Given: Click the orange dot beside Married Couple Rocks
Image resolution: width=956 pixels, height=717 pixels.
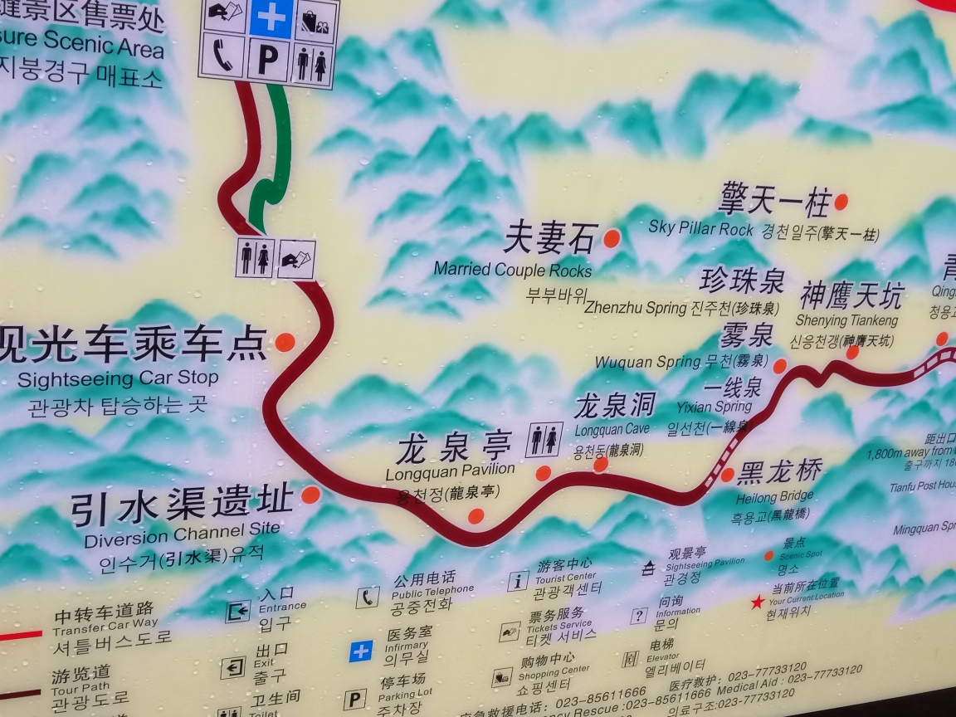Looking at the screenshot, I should (612, 238).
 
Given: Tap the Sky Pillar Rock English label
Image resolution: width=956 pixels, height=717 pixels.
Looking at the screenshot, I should (701, 227).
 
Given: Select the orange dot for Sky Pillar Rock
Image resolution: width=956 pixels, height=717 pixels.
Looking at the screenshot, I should (841, 202).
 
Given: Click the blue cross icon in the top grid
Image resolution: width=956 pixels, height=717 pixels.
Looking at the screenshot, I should (271, 17).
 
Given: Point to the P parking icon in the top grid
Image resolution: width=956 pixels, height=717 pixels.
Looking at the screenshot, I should (267, 61).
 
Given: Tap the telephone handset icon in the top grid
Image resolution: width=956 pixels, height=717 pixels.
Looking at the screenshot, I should (222, 56).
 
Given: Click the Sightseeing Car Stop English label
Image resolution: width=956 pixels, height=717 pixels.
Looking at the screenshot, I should (118, 379).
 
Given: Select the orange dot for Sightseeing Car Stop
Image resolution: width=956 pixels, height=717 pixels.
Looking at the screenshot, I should (285, 342).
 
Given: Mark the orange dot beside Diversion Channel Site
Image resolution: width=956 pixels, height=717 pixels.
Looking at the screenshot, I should (310, 495).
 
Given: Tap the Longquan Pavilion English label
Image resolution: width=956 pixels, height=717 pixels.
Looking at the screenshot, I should (450, 471).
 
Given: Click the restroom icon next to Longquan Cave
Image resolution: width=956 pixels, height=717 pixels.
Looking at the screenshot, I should (544, 440).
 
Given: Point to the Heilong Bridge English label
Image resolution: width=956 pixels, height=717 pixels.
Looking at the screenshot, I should (774, 497).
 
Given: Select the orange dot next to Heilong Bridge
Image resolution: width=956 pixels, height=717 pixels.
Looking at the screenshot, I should (727, 475).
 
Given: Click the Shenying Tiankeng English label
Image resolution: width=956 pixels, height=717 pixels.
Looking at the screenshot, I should (846, 320).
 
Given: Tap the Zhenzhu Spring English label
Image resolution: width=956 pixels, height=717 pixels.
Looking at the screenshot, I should (635, 307).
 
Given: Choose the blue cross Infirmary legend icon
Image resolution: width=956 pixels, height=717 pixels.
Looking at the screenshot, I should (360, 651).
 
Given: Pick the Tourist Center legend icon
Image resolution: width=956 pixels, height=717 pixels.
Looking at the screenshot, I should (518, 581).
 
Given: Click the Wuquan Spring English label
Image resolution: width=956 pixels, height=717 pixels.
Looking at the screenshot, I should (647, 362).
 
